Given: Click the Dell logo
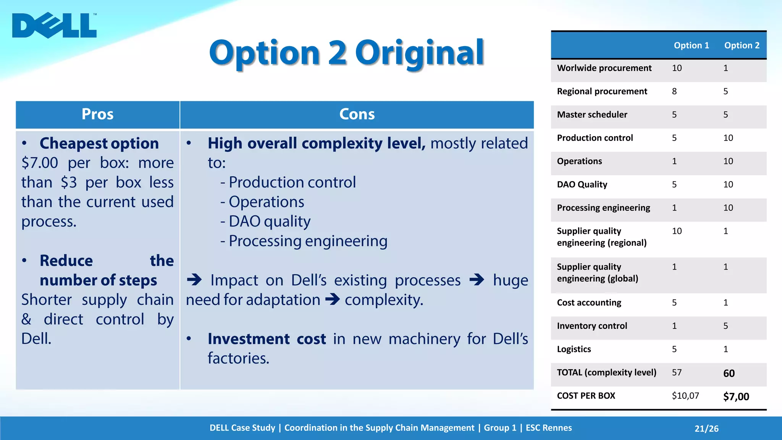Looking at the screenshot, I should click(54, 26).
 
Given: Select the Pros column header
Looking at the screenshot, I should click(97, 114).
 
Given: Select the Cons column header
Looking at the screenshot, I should click(357, 114).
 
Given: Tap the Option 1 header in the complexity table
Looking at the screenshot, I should click(691, 45).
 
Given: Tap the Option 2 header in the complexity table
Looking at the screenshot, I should click(742, 45).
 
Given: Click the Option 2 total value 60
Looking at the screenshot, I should click(729, 373).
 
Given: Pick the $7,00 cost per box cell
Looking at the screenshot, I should click(736, 396).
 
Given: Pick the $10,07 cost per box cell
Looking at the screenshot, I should click(685, 396).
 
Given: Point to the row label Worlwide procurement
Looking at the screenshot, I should click(604, 68).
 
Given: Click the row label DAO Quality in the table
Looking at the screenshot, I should click(582, 184).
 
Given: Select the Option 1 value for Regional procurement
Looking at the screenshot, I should click(674, 91).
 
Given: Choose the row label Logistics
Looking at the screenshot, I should click(574, 349).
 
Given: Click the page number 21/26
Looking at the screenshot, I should click(706, 429).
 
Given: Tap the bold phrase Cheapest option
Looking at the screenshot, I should click(99, 143).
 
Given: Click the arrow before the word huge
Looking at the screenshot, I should click(477, 280).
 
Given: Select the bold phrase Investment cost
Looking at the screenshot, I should click(267, 339).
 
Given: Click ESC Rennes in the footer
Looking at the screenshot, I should click(548, 428).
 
